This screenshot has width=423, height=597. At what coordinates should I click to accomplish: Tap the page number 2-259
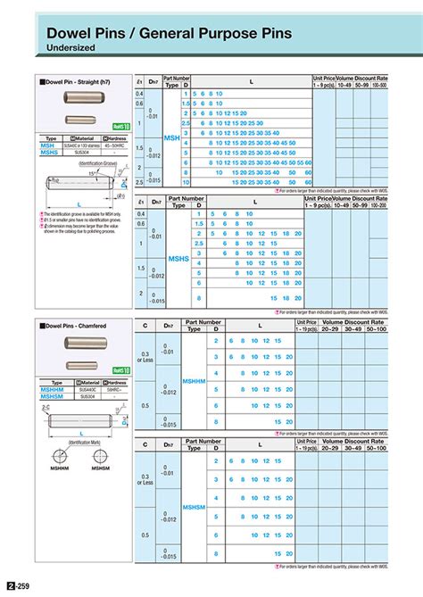19,585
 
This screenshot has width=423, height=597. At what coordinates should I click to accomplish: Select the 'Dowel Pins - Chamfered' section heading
74,328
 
